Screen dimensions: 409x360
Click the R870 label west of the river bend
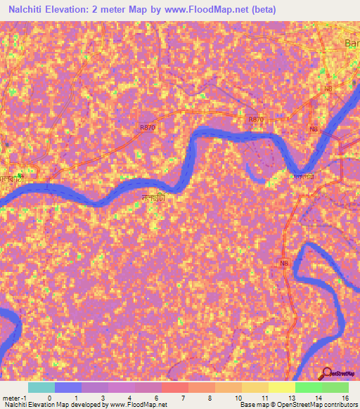148,127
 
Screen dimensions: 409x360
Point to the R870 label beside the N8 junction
255,120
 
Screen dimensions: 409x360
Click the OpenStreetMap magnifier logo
328,373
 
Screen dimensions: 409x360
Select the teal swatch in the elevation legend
41,387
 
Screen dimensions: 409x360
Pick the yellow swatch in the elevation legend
281,387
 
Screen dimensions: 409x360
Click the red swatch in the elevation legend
174,387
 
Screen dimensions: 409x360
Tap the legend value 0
49,398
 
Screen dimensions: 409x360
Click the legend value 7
183,398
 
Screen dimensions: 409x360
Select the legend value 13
290,398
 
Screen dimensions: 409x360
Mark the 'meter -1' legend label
14,398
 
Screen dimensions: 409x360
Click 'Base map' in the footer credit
254,405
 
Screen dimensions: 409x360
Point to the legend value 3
102,398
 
